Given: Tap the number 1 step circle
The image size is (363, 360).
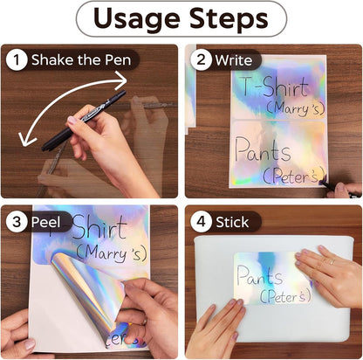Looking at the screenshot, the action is point(17,60).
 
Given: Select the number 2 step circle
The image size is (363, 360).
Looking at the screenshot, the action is point(201,60).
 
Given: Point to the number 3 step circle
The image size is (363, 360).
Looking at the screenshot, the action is point(17,222).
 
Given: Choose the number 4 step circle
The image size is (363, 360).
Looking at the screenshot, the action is point(201,222).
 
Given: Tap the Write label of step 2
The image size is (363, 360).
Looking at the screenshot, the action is point(234,60).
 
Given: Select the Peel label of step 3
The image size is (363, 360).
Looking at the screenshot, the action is point(45,222).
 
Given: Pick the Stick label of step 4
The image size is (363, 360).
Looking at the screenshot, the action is point(232,222).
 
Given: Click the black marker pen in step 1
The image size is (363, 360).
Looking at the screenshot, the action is point(84,121).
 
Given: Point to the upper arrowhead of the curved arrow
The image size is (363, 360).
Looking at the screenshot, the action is point(122,80).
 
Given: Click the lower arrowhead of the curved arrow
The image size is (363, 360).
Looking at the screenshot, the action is point(25,139).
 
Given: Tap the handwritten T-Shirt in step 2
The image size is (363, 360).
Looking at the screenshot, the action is point(274,87).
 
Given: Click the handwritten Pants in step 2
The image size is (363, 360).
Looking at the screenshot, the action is point(263,150).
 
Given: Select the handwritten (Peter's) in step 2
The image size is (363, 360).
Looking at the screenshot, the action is point(294,176).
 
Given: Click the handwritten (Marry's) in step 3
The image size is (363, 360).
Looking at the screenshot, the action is point(112,253).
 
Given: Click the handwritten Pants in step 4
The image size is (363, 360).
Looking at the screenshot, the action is point(259,275).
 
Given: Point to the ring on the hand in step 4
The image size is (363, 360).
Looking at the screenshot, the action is point(332,261).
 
